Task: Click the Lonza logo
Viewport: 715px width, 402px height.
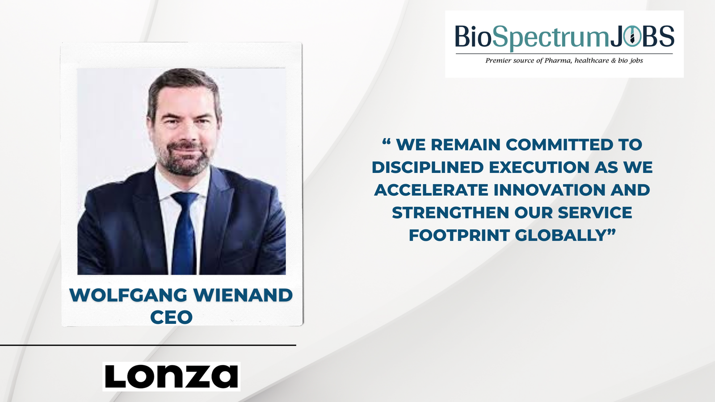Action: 172,376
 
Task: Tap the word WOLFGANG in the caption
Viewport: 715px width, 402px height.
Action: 128,295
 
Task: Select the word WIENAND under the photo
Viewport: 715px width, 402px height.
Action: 243,295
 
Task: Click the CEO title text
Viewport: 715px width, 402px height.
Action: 172,317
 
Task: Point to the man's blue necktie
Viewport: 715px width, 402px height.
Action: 184,233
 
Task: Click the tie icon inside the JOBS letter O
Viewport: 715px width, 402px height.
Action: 632,38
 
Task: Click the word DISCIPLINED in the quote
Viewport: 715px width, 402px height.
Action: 428,167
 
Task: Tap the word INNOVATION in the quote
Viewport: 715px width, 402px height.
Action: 550,190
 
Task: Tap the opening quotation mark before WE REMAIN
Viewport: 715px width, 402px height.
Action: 387,141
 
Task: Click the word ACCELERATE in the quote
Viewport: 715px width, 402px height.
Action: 431,190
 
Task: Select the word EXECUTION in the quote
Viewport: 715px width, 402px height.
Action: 539,167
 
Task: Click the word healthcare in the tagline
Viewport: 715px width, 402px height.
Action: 592,61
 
